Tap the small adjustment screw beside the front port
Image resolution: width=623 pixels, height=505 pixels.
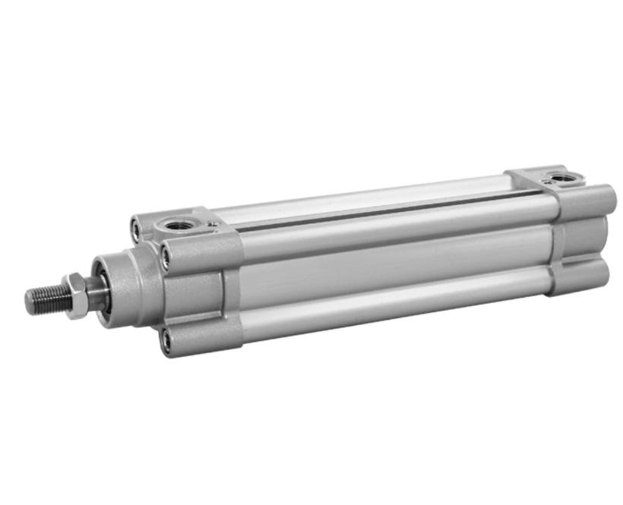[213, 224]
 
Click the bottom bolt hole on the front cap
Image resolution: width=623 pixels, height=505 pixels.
[166, 341]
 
